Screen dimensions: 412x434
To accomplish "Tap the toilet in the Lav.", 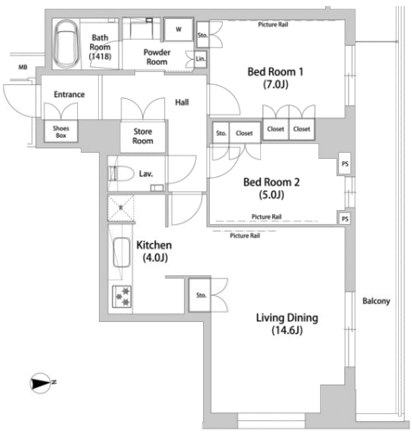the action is pos(121,174).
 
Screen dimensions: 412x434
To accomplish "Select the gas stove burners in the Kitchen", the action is pos(122,296).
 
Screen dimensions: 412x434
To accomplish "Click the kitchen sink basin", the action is pos(121,253).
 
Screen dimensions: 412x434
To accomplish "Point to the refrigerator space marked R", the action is pos(121,207).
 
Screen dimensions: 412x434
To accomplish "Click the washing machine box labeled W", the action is pos(179,30).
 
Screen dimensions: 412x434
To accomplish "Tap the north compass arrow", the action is pos(41,383).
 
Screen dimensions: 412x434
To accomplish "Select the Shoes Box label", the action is pos(61,132).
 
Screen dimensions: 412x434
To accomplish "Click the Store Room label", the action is pos(142,136).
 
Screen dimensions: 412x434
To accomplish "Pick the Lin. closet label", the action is pos(200,59).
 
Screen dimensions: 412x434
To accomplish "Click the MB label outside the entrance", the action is pos(23,67).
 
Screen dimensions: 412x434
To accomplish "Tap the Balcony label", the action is pos(376,301).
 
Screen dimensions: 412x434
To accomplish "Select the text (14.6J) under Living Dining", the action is pos(287,330).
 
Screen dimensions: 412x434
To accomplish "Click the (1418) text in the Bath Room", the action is pos(100,56).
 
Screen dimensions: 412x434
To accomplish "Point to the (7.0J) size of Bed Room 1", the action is pos(276,85).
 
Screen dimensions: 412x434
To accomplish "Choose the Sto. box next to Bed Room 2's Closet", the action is pos(221,133).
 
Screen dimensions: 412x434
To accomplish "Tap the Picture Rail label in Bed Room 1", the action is pos(273,24).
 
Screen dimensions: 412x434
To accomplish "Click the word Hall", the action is pos(182,102).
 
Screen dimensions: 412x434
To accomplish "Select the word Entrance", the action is pos(69,95).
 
